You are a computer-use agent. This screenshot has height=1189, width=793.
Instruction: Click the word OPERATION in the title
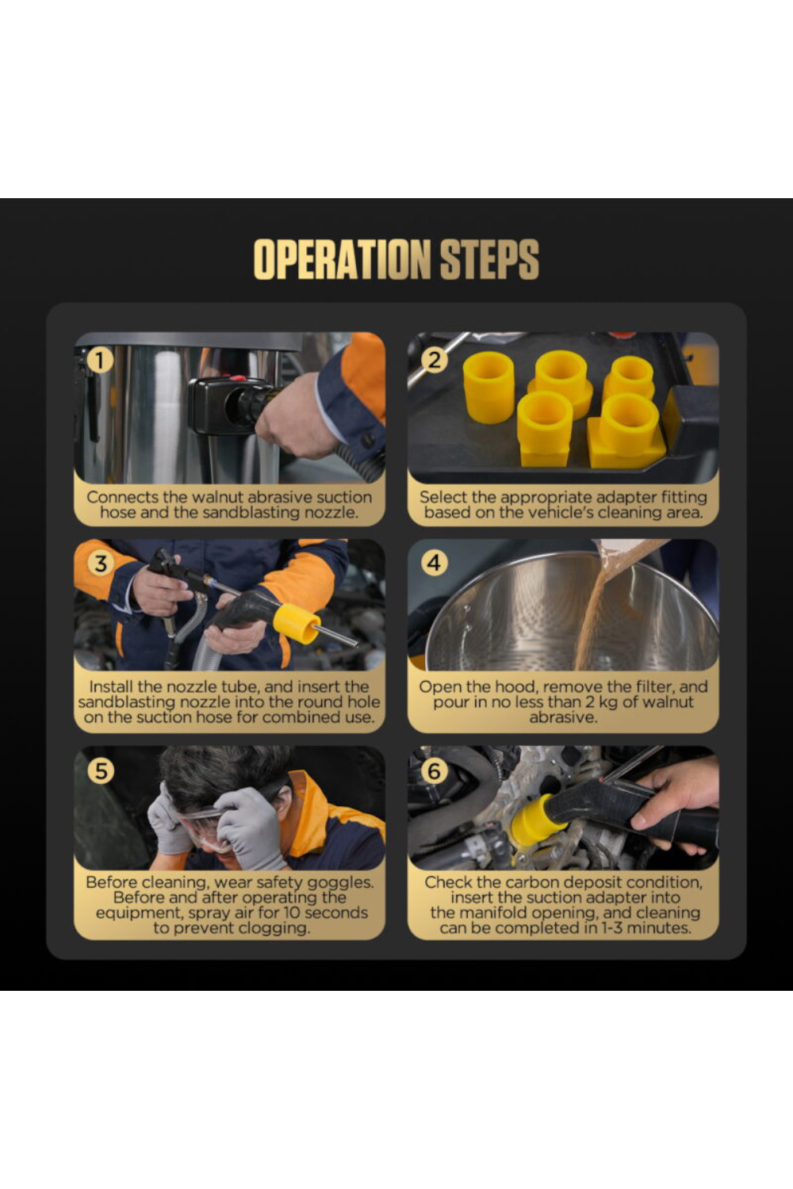point(342,259)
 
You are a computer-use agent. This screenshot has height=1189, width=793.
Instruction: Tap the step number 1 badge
point(100,361)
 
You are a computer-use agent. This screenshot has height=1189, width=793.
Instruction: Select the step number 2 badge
point(434,361)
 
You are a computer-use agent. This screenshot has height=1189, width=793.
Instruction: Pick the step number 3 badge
point(101,563)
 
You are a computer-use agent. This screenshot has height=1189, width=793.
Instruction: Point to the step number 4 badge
point(434,563)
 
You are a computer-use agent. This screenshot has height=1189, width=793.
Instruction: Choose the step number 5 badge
point(101,770)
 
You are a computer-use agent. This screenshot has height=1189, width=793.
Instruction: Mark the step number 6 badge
point(434,770)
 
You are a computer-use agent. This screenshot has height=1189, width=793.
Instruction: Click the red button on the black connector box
point(237,378)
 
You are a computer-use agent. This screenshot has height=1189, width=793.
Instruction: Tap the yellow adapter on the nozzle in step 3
point(296,623)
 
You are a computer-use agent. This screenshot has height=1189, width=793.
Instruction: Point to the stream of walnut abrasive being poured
point(595,610)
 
